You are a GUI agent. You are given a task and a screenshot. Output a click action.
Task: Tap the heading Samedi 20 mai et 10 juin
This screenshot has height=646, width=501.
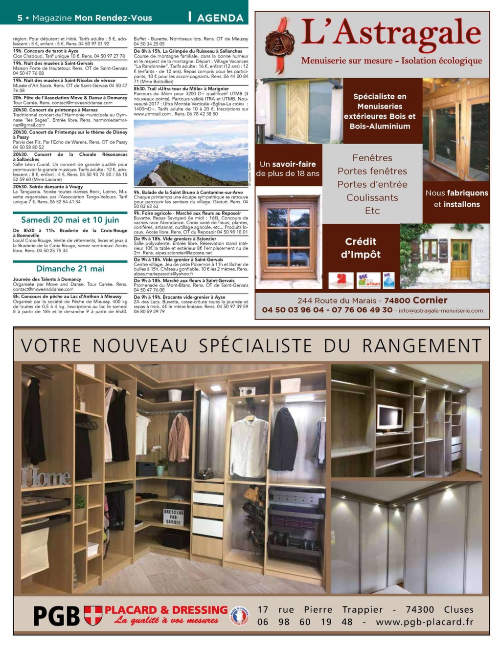[x=70, y=220]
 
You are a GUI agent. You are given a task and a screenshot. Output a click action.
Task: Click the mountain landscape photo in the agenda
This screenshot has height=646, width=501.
[x=191, y=153]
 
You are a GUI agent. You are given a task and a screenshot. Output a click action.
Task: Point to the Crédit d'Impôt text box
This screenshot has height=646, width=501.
[x=361, y=248]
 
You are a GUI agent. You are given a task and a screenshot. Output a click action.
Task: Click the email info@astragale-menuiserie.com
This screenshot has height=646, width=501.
[x=440, y=310]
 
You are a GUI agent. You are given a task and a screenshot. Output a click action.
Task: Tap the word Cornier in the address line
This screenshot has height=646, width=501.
[x=430, y=300]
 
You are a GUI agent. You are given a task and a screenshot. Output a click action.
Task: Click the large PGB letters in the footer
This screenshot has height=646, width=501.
[x=56, y=616]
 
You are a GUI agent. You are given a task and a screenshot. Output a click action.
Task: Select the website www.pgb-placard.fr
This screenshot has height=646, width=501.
[x=424, y=622]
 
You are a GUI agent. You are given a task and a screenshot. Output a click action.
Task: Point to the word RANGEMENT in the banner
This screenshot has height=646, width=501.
[x=422, y=345]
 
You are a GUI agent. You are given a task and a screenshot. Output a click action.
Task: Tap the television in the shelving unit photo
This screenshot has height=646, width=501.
[x=390, y=415]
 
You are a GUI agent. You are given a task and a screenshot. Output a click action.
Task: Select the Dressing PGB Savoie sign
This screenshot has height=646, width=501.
[x=173, y=516]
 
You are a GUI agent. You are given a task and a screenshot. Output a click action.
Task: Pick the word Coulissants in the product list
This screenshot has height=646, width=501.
[x=372, y=198]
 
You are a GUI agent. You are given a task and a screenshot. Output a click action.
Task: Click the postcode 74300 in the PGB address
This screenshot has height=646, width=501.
[x=419, y=609]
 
